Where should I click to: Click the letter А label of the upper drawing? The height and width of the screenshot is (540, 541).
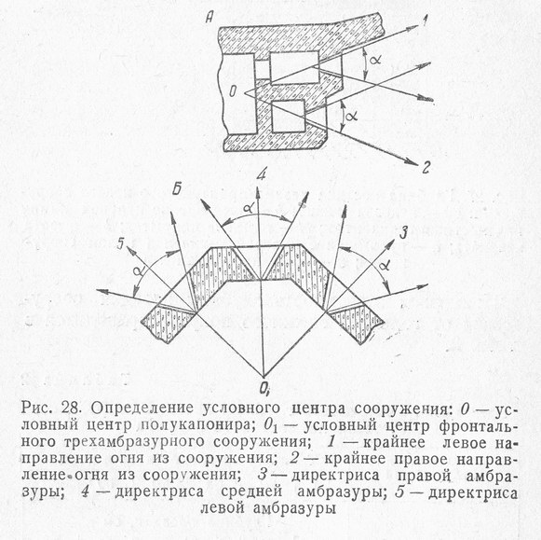(210, 18)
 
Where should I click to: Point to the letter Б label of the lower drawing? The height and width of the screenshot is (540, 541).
(177, 189)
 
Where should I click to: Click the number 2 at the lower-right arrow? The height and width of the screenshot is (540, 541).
(426, 167)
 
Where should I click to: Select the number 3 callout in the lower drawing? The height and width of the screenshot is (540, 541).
(403, 233)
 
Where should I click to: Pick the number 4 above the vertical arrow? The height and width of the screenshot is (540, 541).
(262, 174)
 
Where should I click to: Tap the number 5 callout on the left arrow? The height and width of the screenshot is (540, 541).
(120, 243)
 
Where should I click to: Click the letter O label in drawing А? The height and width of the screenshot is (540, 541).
(233, 91)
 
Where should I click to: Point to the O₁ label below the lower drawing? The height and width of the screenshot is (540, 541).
(264, 389)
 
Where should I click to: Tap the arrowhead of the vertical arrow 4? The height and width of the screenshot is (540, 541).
(258, 193)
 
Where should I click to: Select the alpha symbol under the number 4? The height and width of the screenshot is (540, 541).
(248, 208)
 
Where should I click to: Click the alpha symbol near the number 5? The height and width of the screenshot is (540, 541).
(137, 269)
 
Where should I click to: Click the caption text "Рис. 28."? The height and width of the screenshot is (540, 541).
(52, 408)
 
